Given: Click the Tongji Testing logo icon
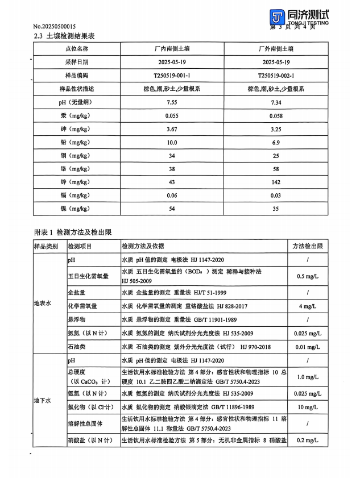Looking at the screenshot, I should coord(277,16).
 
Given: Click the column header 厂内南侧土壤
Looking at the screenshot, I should coord(172,49).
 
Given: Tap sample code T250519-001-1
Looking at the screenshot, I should coord(172,76).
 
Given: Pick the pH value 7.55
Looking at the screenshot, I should coord(172,102).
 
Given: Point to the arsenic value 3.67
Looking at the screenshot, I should coord(172,129).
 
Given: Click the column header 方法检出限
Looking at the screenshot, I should coord(308,247).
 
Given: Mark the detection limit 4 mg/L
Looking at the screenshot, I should coord(308,306).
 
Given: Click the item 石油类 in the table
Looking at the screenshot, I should coord(77,346).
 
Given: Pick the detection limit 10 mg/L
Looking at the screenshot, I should coord(308,408).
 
